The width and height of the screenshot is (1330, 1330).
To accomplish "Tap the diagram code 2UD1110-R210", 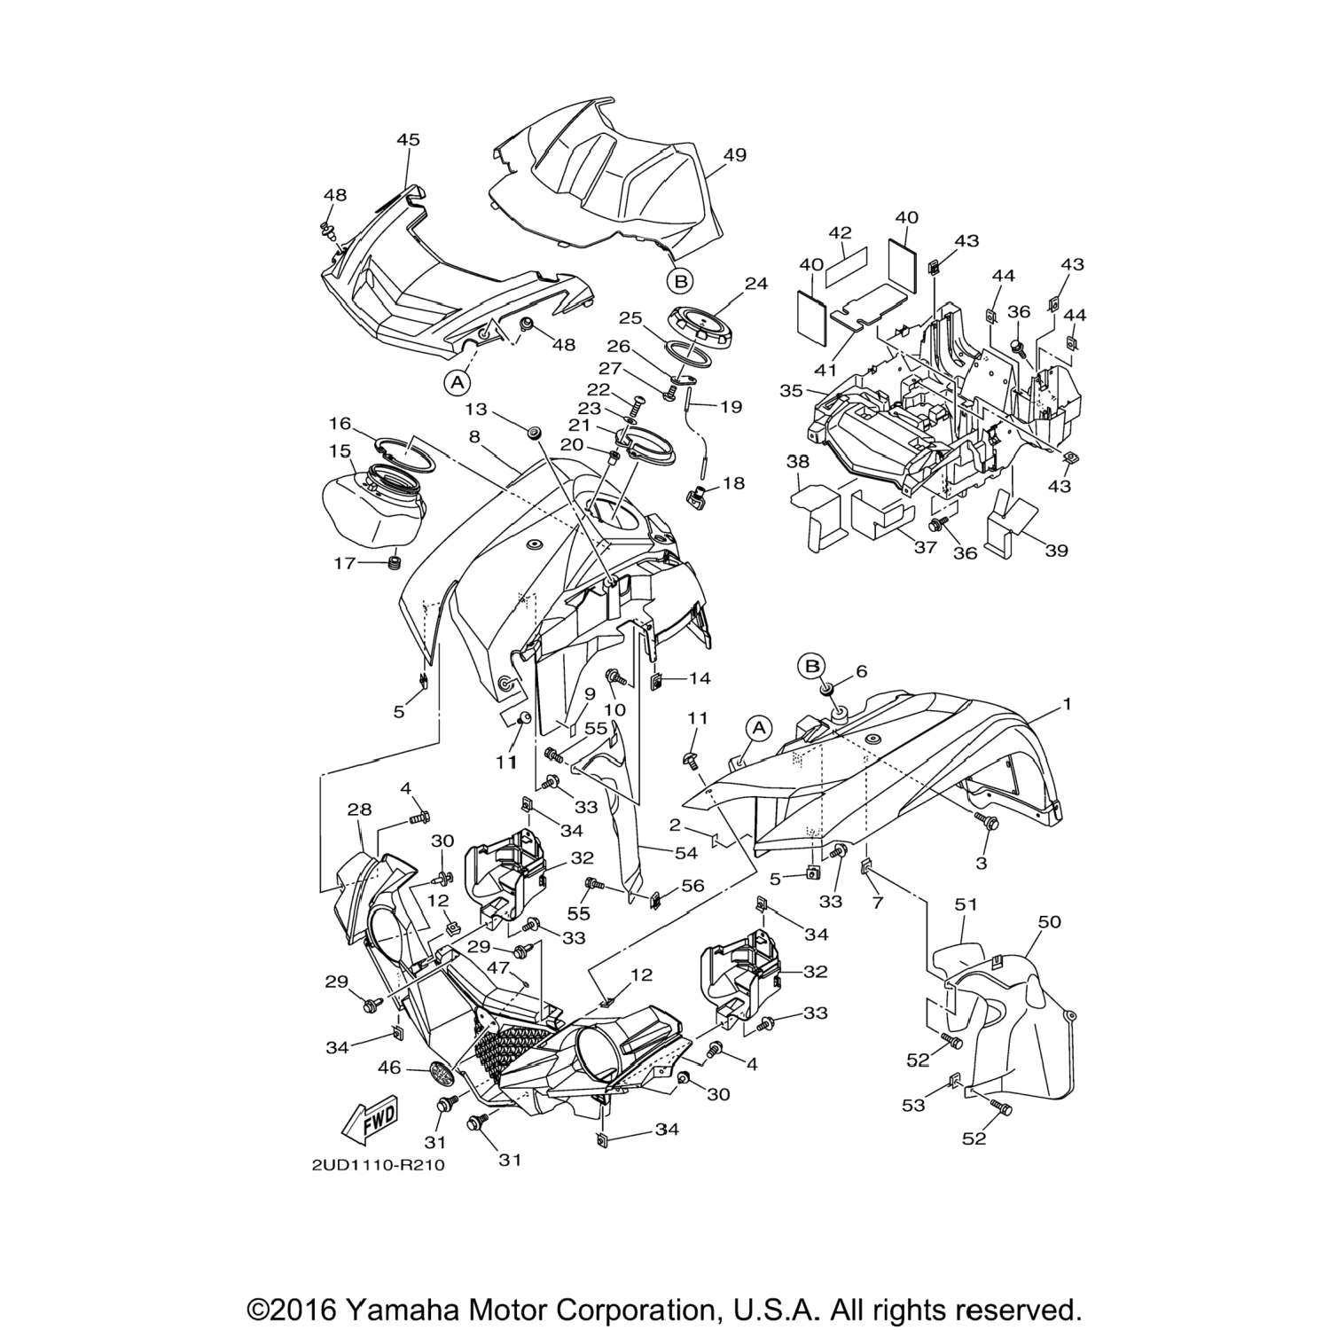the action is pos(378,1165).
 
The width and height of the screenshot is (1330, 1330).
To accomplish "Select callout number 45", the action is pos(408,140).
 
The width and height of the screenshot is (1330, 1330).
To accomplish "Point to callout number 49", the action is pos(734,154).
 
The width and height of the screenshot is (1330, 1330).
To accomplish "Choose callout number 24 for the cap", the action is pos(755,284).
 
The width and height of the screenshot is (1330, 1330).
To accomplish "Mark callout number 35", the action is pos(791,390).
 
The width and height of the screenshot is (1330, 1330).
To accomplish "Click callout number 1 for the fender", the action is pos(1068,703).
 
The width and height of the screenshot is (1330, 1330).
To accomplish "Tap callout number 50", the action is pos(1049,922).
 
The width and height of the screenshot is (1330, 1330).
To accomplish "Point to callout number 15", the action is pos(340,451).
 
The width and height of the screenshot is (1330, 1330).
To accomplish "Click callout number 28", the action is pos(360,810).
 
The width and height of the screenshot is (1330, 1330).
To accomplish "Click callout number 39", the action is pos(1056,551).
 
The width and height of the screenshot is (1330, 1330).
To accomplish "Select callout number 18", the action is pos(733,484).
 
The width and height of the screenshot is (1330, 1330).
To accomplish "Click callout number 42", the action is pos(840,233).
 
